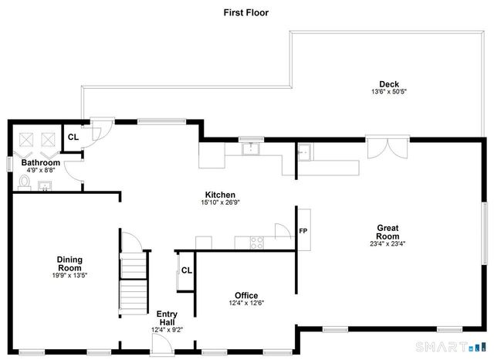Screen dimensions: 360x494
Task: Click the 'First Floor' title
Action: [x=245, y=12]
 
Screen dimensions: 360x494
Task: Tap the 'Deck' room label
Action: [x=387, y=84]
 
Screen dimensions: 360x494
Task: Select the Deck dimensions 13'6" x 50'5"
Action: [x=387, y=93]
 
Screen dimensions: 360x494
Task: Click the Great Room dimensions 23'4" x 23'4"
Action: [x=387, y=244]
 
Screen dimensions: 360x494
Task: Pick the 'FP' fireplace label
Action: [x=303, y=231]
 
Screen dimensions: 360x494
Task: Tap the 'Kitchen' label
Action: [x=220, y=195]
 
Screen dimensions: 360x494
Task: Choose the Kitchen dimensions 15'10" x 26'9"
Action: [x=220, y=203]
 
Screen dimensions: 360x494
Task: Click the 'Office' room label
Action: [x=246, y=295]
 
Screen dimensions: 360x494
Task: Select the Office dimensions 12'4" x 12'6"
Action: [x=246, y=304]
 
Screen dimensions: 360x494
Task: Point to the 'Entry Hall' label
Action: [x=167, y=318]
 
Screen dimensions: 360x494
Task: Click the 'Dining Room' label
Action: [x=69, y=263]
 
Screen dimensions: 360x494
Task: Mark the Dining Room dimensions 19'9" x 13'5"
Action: [x=69, y=275]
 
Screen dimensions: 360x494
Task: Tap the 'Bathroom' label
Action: [x=40, y=163]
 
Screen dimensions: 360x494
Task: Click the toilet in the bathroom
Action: [x=24, y=182]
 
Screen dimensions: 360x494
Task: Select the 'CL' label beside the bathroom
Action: [x=73, y=137]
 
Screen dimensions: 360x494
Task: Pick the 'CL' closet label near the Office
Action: [x=186, y=270]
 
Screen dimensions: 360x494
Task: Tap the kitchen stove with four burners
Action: [x=257, y=243]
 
